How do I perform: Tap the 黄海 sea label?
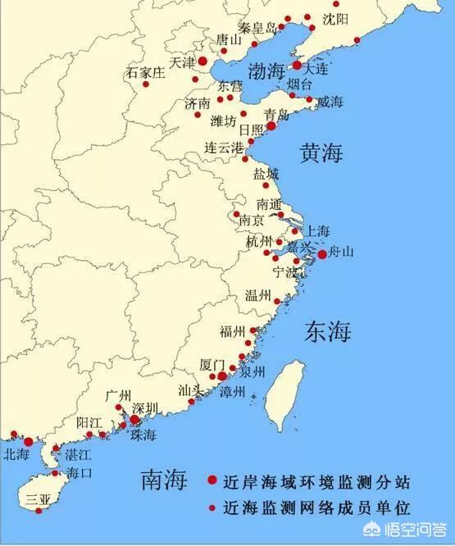point(321,152)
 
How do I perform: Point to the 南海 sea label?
point(165,478)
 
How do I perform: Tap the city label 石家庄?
point(145,73)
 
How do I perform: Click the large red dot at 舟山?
point(322,254)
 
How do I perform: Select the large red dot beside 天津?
point(202,61)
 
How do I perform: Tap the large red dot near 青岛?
point(271,126)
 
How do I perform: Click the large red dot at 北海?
point(29,442)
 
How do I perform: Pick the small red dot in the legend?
point(212,508)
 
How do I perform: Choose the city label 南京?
point(251,221)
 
